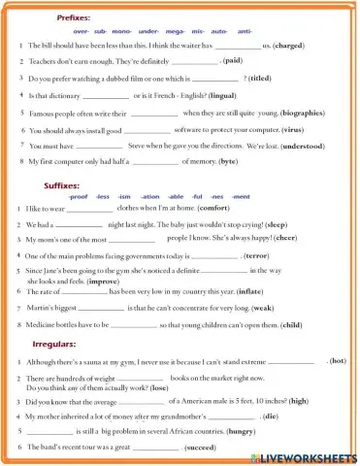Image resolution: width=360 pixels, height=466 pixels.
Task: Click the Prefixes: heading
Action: (x=75, y=17)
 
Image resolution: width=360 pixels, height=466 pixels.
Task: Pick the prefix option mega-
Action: (x=179, y=31)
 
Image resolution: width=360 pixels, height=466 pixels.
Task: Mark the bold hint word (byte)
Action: (x=229, y=162)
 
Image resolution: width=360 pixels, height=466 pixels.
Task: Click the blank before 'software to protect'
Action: (x=147, y=130)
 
